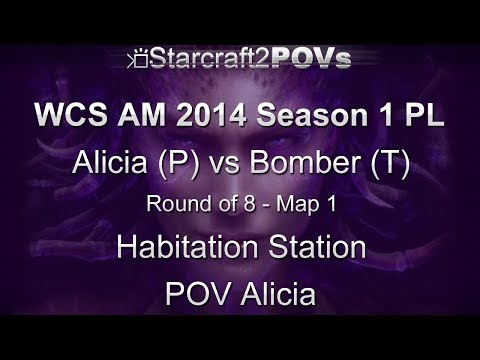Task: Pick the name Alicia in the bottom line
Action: click(x=273, y=296)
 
